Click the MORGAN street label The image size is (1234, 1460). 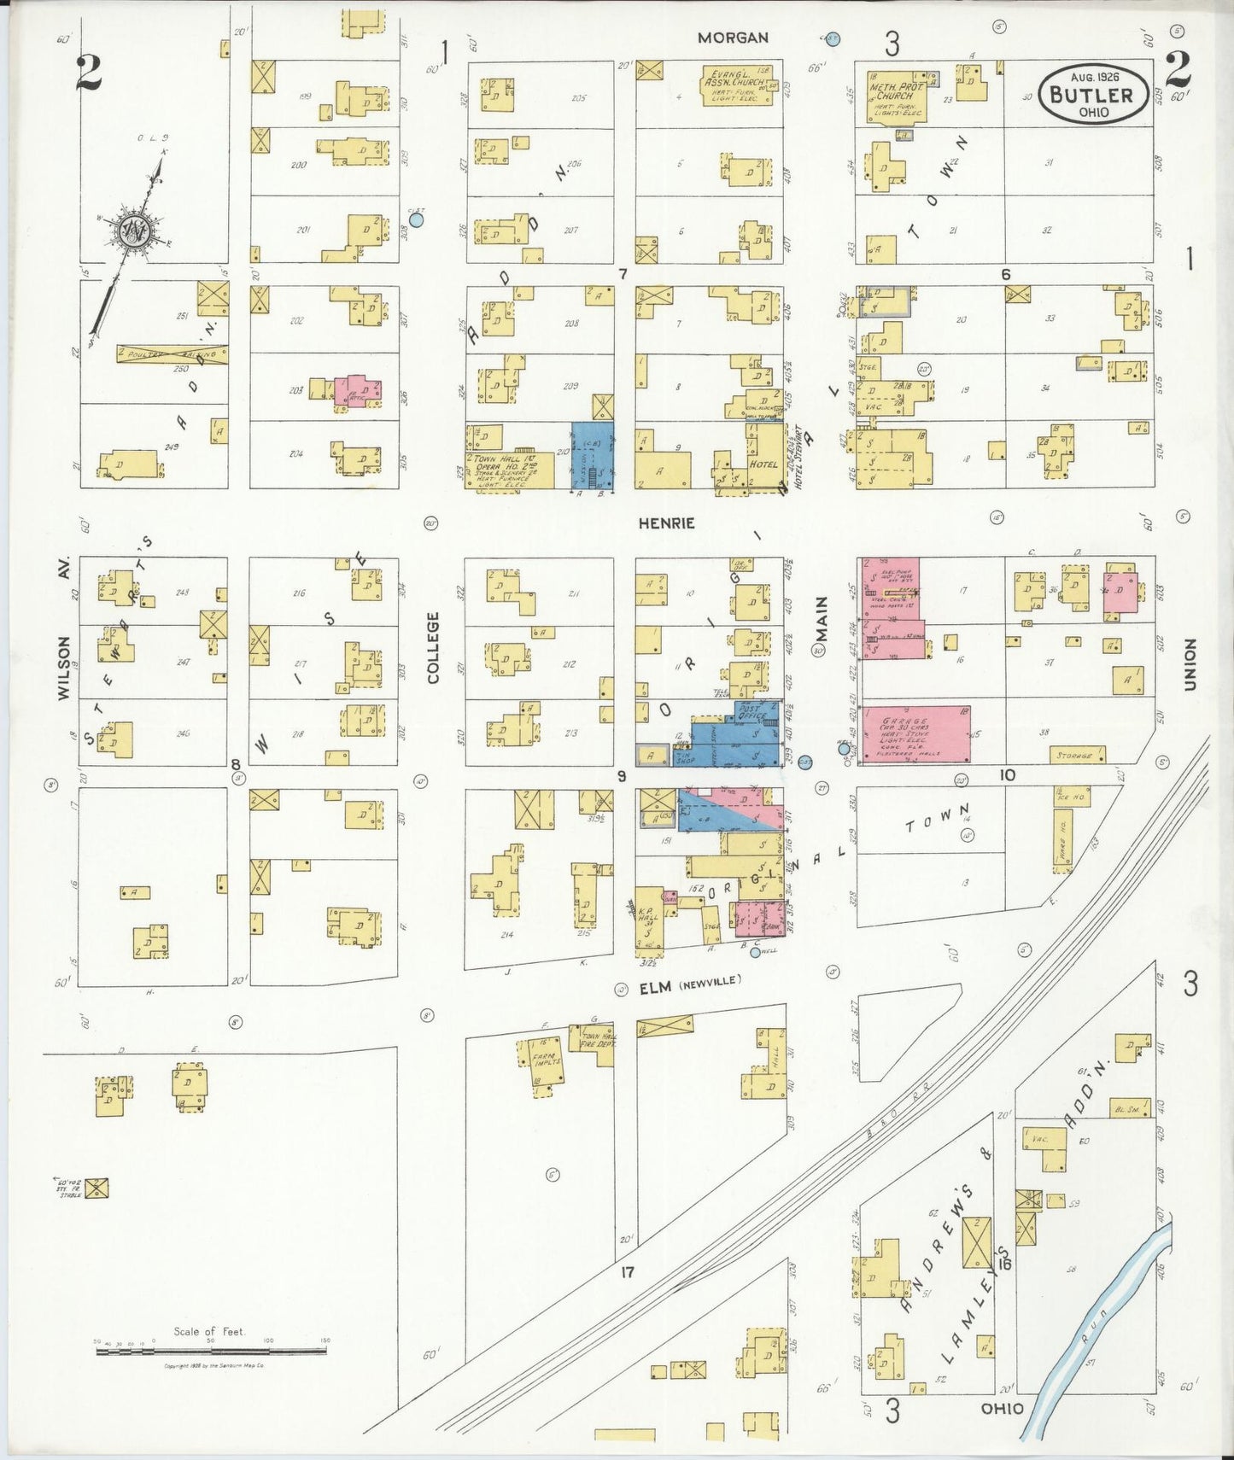point(733,38)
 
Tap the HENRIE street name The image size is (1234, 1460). point(667,523)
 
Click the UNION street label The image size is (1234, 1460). point(1190,663)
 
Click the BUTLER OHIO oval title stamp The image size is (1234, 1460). point(1092,95)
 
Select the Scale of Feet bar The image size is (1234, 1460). point(211,1352)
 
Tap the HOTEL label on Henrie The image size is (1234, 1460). point(765,464)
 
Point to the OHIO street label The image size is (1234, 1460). point(1002,1409)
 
